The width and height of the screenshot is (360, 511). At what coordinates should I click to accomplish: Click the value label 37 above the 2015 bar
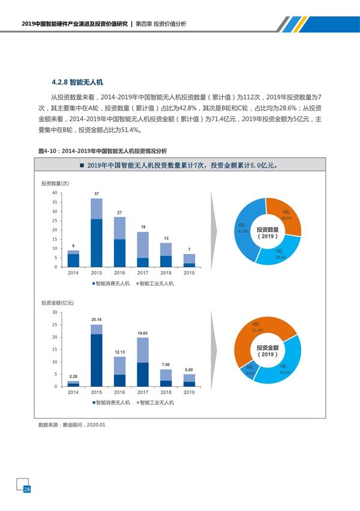[x=96, y=193]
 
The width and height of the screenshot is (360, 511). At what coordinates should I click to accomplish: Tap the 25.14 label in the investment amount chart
[x=96, y=319]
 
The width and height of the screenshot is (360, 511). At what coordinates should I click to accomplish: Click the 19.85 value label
[x=143, y=333]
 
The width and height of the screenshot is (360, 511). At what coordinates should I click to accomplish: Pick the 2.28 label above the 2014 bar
[x=73, y=376]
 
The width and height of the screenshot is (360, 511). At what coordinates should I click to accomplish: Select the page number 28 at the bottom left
[x=26, y=490]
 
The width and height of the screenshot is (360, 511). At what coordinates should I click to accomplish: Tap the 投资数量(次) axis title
[x=55, y=183]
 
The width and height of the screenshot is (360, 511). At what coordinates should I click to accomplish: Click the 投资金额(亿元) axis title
[x=58, y=303]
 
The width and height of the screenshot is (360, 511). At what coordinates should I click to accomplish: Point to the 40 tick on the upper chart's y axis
[x=55, y=193]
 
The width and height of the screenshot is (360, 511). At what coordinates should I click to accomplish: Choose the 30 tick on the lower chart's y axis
[x=55, y=312]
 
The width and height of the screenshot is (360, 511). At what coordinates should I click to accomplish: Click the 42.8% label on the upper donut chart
[x=243, y=231]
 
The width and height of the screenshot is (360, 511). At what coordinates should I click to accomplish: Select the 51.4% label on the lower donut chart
[x=259, y=330]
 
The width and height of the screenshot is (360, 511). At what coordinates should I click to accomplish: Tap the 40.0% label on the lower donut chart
[x=284, y=372]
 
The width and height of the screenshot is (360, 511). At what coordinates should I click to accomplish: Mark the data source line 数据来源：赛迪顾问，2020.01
[x=71, y=425]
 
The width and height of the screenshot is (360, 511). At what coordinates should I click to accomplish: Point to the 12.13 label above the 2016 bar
[x=119, y=351]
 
